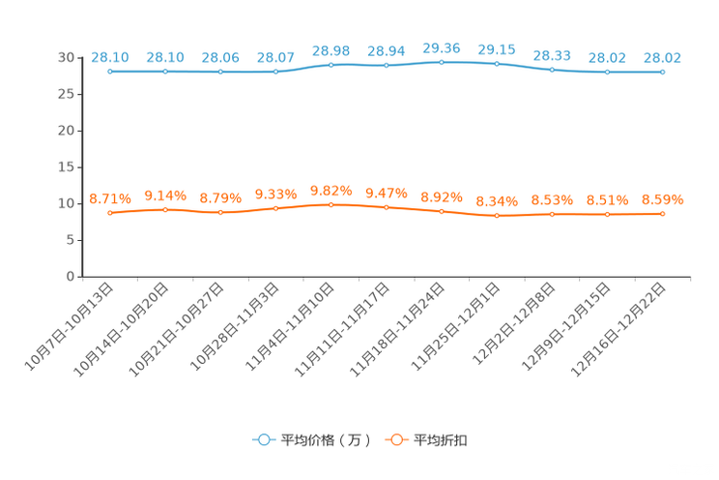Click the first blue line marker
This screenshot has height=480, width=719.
click(x=111, y=71)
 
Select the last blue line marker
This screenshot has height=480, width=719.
click(x=662, y=72)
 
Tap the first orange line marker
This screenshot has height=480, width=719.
click(x=111, y=213)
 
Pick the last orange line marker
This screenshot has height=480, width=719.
click(x=662, y=213)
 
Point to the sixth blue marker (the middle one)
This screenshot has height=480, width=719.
click(x=387, y=66)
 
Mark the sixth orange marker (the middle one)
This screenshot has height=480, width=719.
click(x=387, y=207)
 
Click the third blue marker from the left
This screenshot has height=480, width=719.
click(x=221, y=71)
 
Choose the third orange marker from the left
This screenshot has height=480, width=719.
click(x=221, y=212)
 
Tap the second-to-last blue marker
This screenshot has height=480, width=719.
click(x=607, y=72)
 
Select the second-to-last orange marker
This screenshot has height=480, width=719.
click(x=607, y=213)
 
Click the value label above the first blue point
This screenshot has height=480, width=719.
click(x=110, y=57)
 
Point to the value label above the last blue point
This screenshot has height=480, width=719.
click(x=662, y=58)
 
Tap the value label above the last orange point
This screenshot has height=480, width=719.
click(x=662, y=199)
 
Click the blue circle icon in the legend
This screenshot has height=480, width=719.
click(x=263, y=439)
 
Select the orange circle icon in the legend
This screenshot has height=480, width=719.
click(x=395, y=439)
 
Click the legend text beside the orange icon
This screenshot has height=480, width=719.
click(x=441, y=440)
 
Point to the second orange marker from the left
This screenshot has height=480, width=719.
click(x=165, y=209)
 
